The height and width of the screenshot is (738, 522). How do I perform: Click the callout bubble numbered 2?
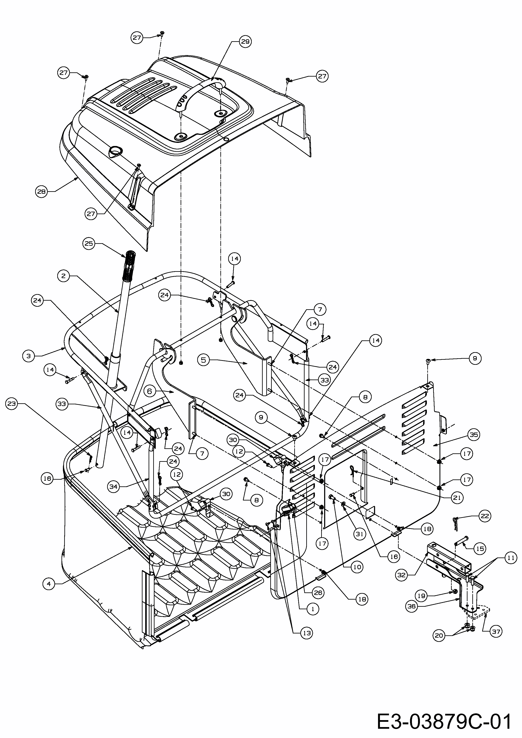click(64, 276)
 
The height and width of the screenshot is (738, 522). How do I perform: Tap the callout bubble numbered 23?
click(12, 404)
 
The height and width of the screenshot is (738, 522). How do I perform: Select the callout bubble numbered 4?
click(49, 584)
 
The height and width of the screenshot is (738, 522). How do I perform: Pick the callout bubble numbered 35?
click(474, 435)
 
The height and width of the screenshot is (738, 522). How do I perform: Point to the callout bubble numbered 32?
click(402, 575)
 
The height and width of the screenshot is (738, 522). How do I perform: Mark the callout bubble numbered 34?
click(113, 486)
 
